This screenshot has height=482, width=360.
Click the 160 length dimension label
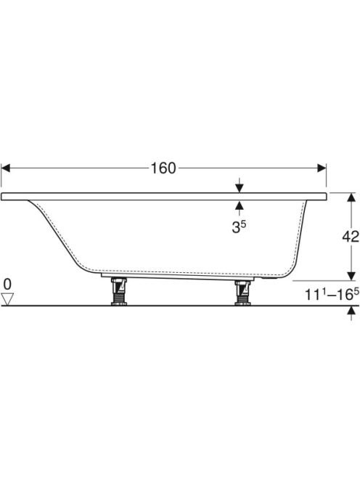click(x=163, y=168)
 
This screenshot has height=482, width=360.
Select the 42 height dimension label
click(x=351, y=237)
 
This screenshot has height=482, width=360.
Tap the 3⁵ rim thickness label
click(x=239, y=227)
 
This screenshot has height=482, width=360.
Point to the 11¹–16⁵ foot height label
click(x=332, y=295)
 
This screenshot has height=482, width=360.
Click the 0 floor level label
click(x=7, y=285)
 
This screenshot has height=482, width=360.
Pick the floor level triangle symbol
click(x=7, y=299)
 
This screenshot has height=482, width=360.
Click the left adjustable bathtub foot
click(x=118, y=291)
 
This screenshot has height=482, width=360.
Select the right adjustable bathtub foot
click(x=243, y=293)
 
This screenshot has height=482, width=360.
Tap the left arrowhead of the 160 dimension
click(x=6, y=168)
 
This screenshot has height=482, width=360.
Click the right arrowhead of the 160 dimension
click(x=322, y=168)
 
